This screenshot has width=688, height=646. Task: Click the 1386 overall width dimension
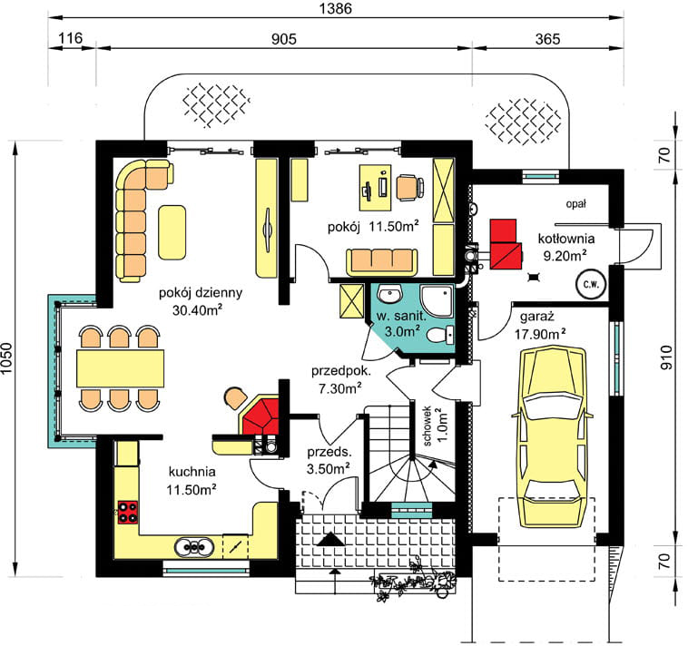pos(335,9)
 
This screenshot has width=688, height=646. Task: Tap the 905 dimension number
pos(284,39)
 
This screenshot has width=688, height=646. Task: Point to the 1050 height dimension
pos(6,358)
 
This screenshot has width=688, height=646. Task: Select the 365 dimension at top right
pos(547,39)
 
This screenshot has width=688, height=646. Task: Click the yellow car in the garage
pos(553,436)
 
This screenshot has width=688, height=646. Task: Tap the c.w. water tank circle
pos(591,284)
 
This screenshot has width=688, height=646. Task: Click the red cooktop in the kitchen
pos(127,513)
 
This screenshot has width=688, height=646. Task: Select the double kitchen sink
pos(194,547)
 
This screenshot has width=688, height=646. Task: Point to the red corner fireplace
pos(260,416)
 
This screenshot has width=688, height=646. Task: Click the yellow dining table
pos(120,368)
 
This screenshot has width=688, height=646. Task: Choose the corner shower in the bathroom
pos(437,301)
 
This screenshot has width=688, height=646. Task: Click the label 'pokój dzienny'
pos(201,292)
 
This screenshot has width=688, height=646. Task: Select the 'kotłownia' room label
pos(566,239)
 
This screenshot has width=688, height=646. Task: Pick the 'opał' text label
pos(575,204)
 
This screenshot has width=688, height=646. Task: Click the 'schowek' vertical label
pos(427,426)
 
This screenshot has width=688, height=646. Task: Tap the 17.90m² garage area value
pos(539,334)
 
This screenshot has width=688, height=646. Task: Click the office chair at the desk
pos(410,187)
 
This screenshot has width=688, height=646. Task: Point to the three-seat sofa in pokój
pos(382,262)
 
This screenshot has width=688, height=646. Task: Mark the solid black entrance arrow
pos(330,539)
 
